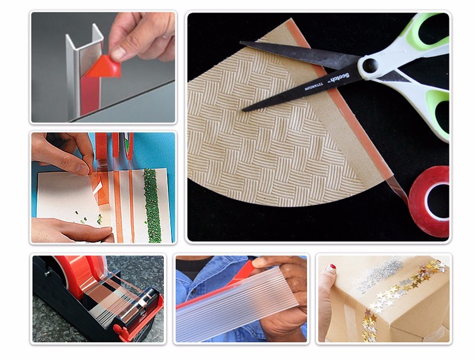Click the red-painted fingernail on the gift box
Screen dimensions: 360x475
coord(330,269)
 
